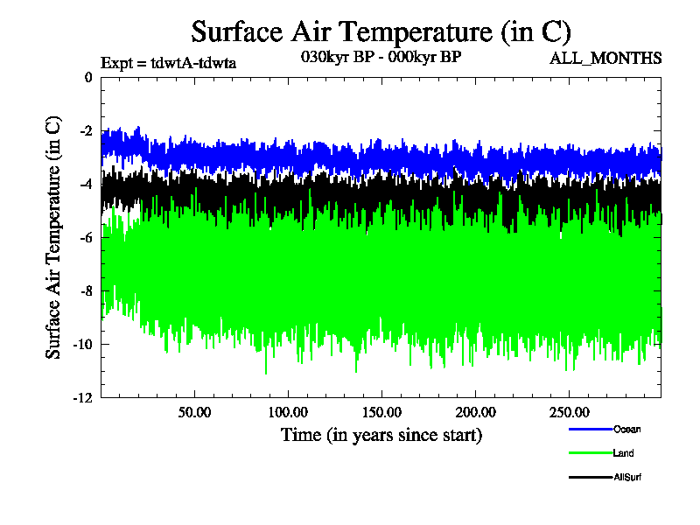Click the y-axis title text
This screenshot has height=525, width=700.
tap(53, 236)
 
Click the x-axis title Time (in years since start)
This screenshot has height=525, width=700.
tap(381, 434)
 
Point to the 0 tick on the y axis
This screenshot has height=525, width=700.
tap(87, 78)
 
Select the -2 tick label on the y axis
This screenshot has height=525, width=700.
tap(85, 131)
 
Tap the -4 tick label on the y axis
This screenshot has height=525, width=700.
tap(85, 185)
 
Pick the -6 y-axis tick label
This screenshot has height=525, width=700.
tap(85, 238)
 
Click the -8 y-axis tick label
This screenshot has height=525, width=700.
tap(85, 291)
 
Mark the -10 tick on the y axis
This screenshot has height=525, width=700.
tap(82, 345)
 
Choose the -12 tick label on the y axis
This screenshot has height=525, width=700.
tap(82, 398)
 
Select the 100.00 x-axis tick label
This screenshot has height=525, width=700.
tap(288, 411)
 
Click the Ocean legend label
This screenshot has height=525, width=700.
tap(626, 429)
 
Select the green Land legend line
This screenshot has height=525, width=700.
tap(590, 453)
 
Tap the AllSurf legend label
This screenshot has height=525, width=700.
tap(628, 477)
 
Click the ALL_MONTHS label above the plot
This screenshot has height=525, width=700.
tap(605, 59)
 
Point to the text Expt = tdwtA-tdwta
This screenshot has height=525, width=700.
tap(169, 62)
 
